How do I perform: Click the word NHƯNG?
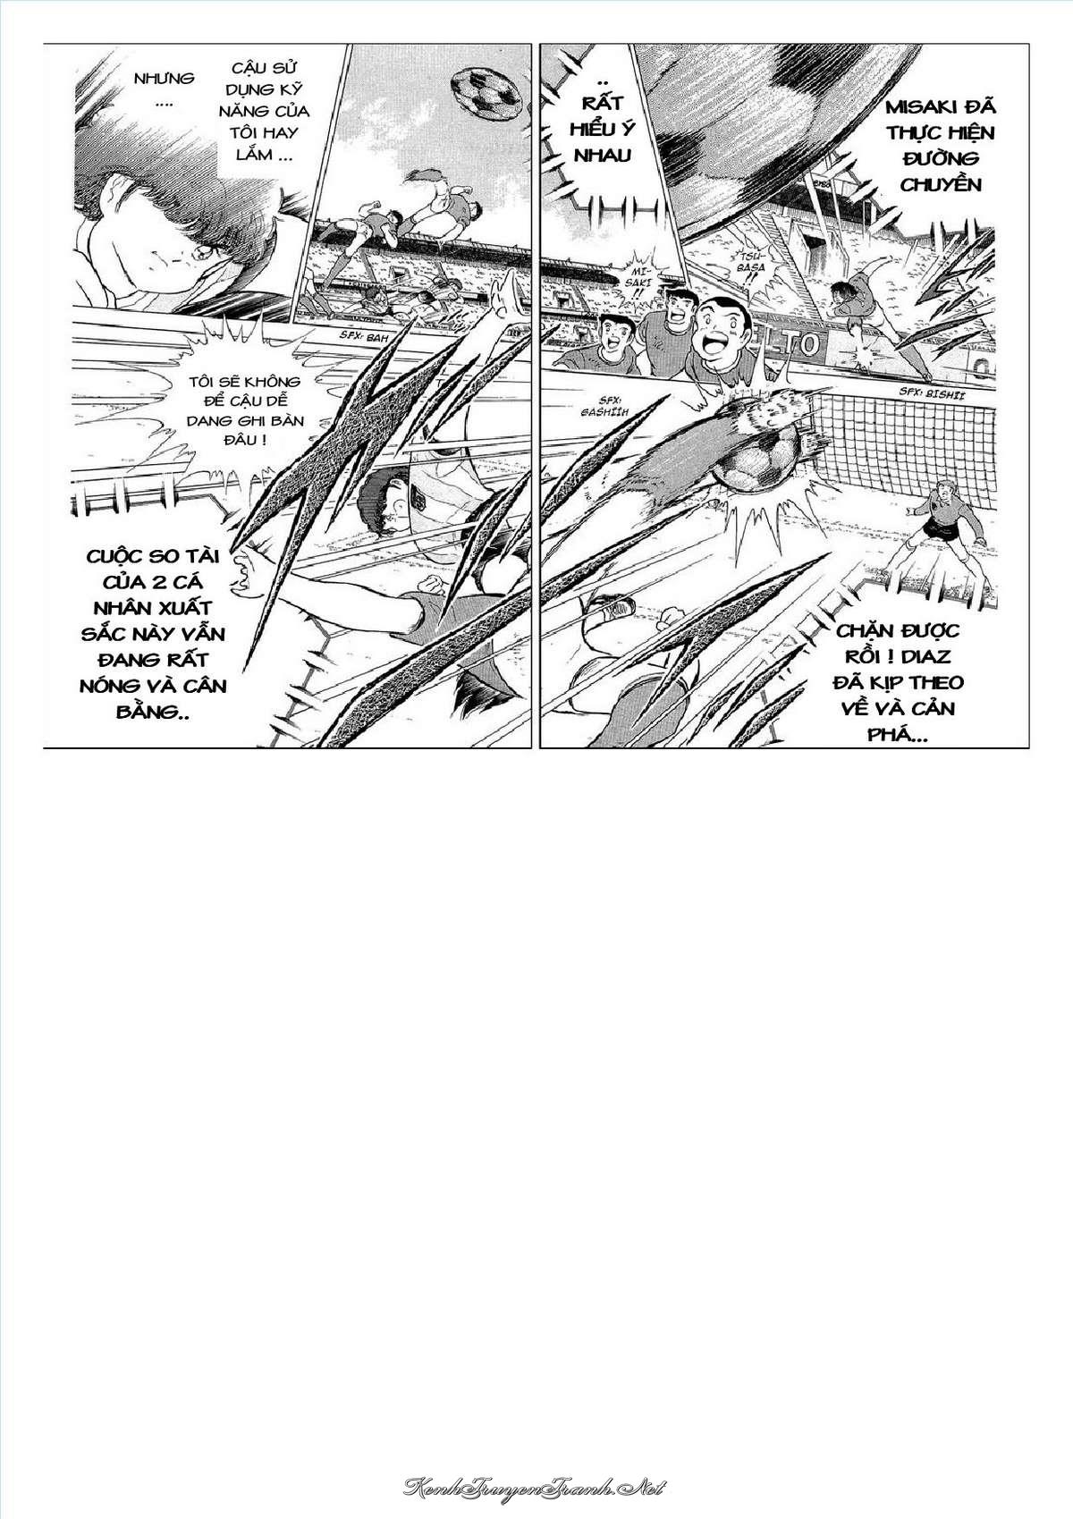(165, 79)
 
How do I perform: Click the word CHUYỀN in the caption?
(941, 184)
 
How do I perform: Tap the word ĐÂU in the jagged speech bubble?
(232, 439)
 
